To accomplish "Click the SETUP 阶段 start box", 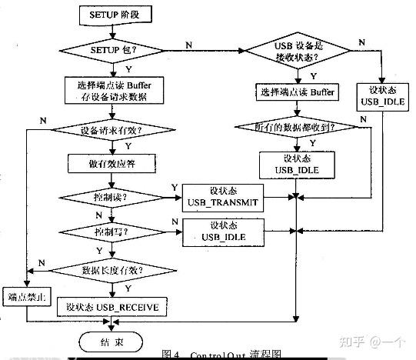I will pos(113,15).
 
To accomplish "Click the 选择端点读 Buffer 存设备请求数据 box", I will pos(113,90).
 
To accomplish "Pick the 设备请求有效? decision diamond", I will pos(113,130).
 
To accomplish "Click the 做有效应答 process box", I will pos(113,164).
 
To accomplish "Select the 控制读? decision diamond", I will pos(113,198).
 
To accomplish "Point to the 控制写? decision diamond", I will pos(113,231).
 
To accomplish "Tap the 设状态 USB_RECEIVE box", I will pos(112,307).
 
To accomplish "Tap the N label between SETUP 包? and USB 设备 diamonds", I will pos(189,45).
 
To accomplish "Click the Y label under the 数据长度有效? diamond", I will pos(126,288).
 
